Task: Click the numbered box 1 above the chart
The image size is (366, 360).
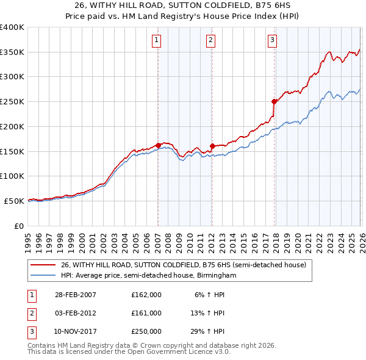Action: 157,41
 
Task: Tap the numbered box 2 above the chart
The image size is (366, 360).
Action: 210,41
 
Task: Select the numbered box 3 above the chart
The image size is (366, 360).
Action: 272,41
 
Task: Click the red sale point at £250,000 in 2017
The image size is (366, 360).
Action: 274,102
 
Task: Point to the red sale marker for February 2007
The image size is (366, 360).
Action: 158,145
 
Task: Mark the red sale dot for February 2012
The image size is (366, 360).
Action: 212,146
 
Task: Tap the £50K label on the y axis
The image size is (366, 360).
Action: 13,201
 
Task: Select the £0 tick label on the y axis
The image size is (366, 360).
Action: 19,226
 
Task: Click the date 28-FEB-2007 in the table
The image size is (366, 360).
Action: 75,294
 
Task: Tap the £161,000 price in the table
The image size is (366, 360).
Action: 146,313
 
